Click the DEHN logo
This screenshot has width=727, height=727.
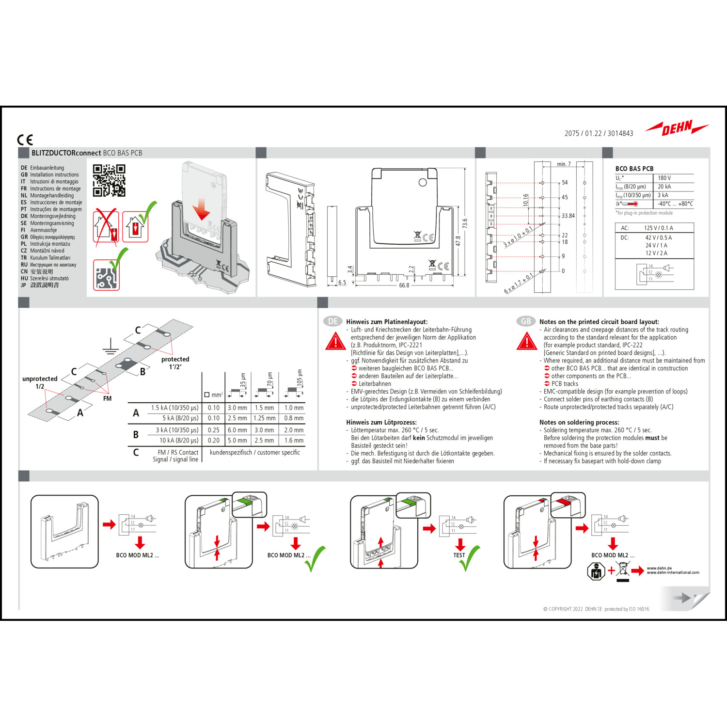point(677,128)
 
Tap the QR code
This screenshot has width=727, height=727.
point(109,180)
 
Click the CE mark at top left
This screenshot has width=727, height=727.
point(25,140)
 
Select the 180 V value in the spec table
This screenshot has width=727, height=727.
point(664,178)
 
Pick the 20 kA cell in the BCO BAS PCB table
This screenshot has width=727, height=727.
point(664,187)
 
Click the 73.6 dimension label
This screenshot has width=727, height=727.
point(465,224)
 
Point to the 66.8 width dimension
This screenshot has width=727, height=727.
point(404,285)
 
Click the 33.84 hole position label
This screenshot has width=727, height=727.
point(568,216)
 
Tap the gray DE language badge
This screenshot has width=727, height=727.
point(333,321)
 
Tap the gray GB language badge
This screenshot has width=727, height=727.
point(526,321)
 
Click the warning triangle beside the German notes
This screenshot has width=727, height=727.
point(335,341)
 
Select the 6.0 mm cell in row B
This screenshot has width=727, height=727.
point(237,430)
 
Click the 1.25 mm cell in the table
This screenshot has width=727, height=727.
point(265,418)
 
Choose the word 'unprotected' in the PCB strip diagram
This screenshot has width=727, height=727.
point(40,379)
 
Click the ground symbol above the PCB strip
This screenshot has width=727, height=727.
point(111,345)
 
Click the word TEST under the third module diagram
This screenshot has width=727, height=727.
point(459,555)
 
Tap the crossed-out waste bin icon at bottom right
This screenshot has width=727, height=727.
point(623,570)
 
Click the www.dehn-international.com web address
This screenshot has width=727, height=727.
point(673,572)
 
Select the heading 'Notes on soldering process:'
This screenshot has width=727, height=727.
point(579,422)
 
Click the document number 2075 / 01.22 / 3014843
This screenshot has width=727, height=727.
point(599,133)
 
